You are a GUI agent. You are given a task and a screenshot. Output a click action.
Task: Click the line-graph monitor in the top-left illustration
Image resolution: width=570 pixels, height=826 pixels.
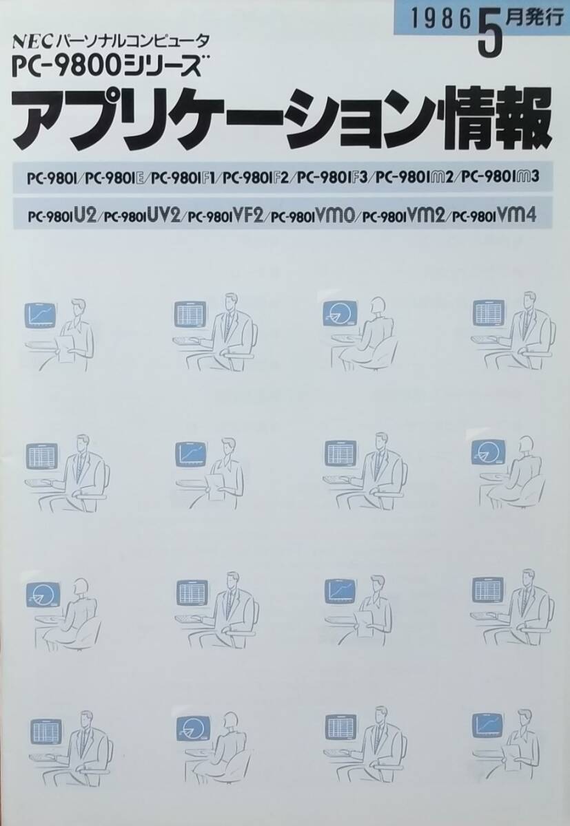[41, 315]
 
